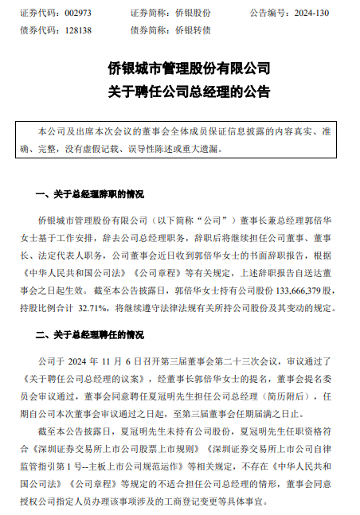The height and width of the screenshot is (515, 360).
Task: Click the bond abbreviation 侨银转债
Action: (194, 29)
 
